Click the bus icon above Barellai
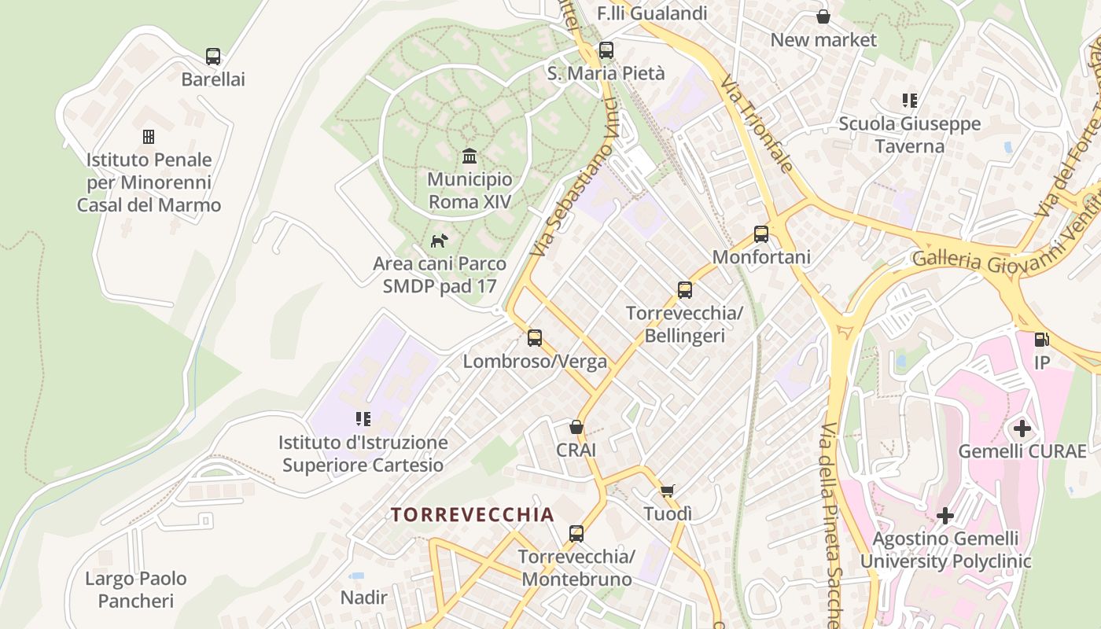213,57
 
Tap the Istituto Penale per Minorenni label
149,182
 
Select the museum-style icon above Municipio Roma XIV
469,156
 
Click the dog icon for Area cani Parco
439,240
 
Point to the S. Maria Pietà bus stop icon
606,50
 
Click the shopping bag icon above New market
823,17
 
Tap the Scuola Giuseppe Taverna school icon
910,101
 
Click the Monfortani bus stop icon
761,234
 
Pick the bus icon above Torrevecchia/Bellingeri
685,290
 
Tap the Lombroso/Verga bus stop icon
535,338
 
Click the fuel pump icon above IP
1041,340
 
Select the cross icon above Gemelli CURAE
1022,429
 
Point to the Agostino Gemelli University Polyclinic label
945,550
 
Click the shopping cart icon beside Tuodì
668,491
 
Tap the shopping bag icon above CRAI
576,427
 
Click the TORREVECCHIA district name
473,515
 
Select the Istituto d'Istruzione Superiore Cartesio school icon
363,419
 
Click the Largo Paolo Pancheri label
136,590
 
